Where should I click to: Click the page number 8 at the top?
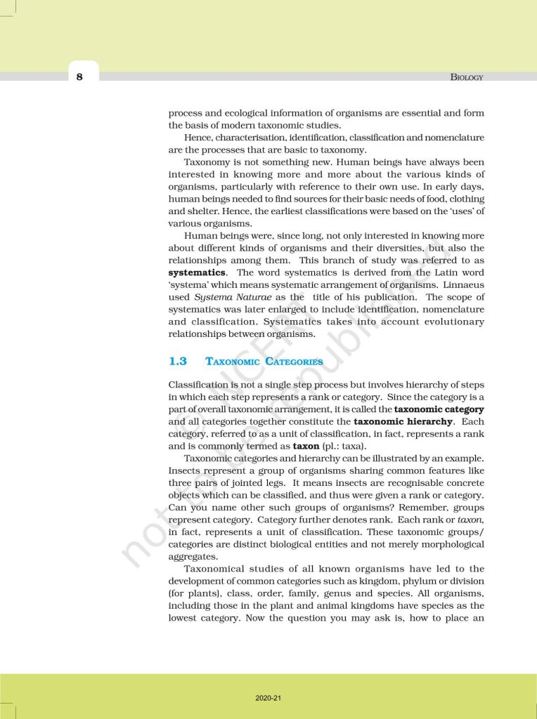(x=79, y=77)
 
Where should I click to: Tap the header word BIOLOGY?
(x=467, y=77)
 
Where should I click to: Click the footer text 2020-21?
(x=268, y=698)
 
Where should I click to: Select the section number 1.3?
(x=178, y=362)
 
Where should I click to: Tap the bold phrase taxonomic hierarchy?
(x=403, y=422)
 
